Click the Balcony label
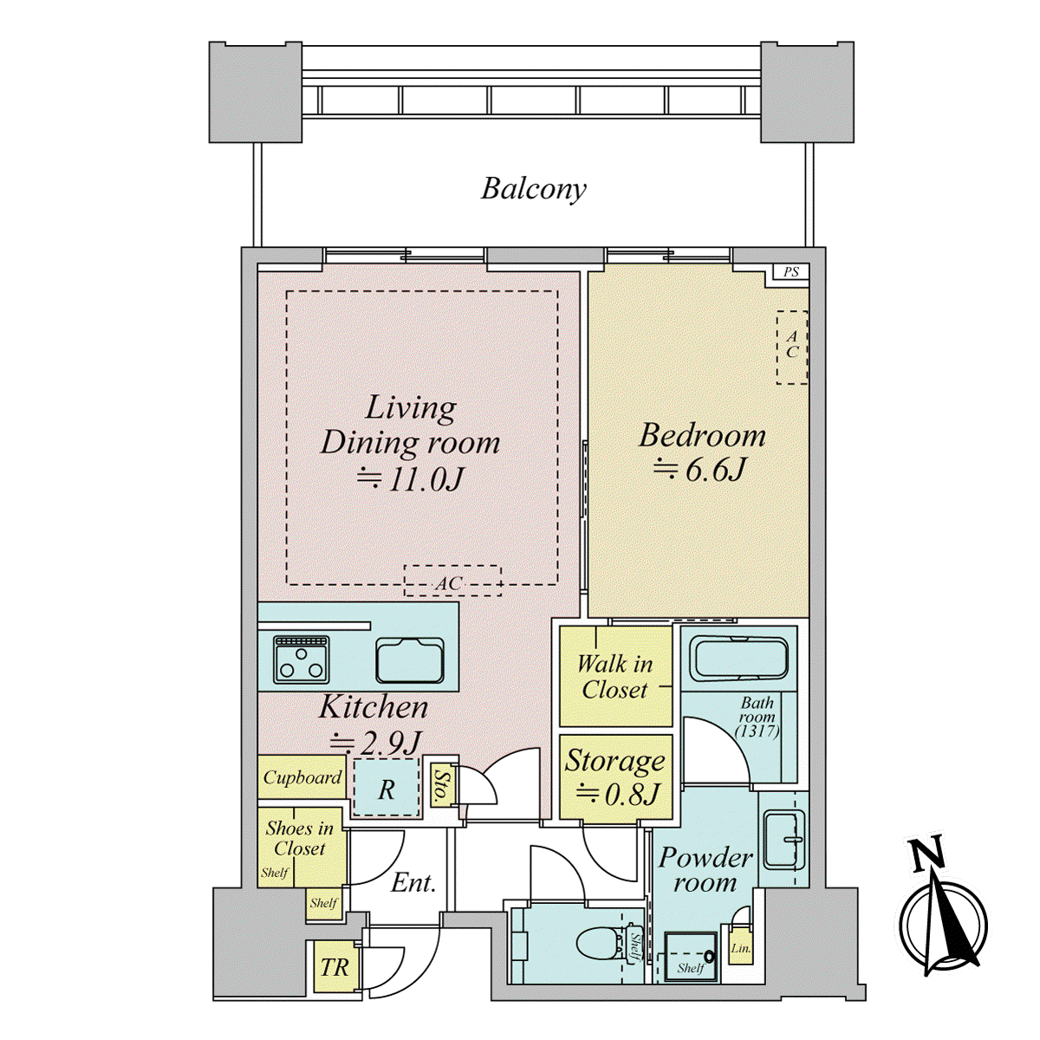pos(533,190)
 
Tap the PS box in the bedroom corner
pos(790,272)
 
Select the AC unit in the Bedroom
pos(792,347)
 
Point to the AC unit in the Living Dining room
pos(452,581)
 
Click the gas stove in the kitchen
pos(301,659)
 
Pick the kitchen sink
pos(410,660)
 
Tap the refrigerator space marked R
pos(387,788)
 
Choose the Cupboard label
pos(302,777)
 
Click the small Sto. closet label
pos(440,785)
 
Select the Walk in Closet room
pos(615,676)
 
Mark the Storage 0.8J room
pos(615,777)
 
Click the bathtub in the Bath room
pos(739,660)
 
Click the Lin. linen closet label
pos(740,948)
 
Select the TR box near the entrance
pos(334,968)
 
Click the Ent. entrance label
pos(413,883)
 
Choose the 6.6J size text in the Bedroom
pos(699,469)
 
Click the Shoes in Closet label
pos(299,838)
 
